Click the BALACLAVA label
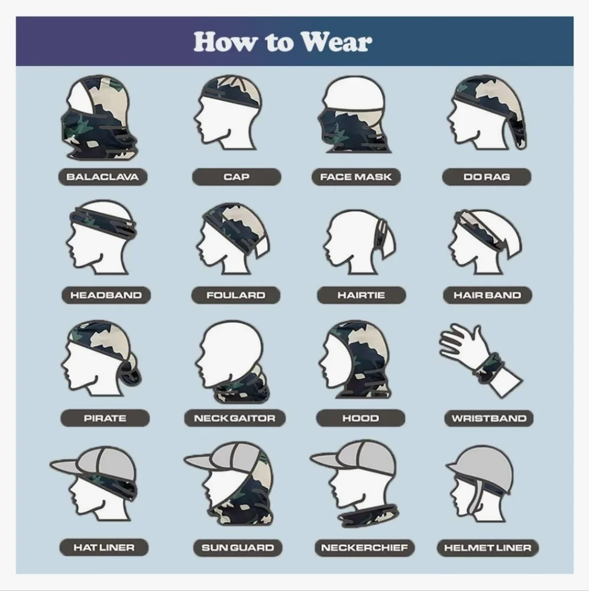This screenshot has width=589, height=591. (102, 177)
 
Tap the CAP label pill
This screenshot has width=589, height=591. (237, 177)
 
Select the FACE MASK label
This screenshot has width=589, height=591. (356, 177)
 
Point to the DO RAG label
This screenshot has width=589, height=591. (487, 177)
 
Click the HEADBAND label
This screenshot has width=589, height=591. (106, 295)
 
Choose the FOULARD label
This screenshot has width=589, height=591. (236, 295)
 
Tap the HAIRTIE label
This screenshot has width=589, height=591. (361, 295)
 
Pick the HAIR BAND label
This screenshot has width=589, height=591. (487, 295)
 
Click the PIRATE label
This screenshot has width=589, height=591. (105, 418)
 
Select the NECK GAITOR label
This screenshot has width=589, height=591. (235, 418)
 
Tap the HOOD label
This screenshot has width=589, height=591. (361, 418)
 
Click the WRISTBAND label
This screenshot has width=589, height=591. (488, 418)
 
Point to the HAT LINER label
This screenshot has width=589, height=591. (103, 547)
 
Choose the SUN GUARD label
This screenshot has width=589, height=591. (238, 548)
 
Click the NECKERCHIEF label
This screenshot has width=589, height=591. (364, 548)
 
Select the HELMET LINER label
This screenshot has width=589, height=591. (487, 548)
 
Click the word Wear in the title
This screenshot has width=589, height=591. (336, 41)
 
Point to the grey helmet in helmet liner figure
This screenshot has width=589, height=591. (481, 467)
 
